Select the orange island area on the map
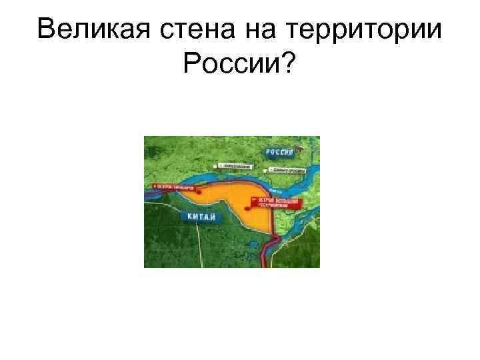tap(230, 203)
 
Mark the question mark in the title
tap(291, 63)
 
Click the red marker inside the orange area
tap(247, 208)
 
